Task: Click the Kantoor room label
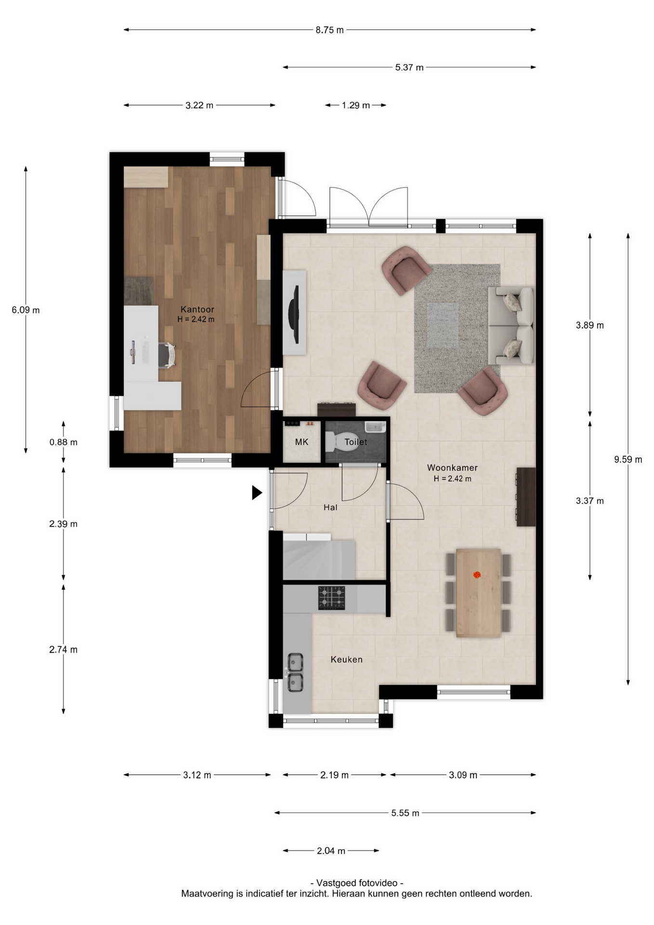197,309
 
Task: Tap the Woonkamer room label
452,467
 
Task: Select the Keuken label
346,659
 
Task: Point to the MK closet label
301,442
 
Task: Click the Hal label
330,507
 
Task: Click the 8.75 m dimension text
330,30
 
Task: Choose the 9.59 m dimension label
628,459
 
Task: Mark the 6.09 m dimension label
26,310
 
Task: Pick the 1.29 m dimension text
356,105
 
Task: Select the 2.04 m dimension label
331,851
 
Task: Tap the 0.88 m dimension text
64,442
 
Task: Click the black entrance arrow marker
257,492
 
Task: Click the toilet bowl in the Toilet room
342,441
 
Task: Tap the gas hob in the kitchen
331,598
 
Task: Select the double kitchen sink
295,672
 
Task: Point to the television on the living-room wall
294,314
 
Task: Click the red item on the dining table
477,574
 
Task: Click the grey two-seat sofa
511,326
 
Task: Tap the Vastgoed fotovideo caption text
357,883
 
